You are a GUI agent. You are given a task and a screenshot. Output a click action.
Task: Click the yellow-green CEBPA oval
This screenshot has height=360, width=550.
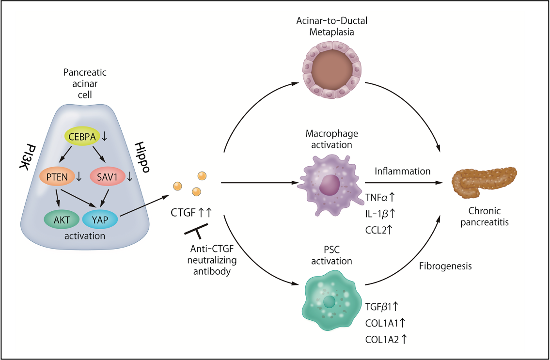pyautogui.click(x=81, y=138)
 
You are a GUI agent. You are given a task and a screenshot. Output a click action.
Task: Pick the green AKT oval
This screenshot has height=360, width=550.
pyautogui.click(x=62, y=219)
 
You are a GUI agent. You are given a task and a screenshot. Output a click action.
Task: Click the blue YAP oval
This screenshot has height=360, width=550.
pyautogui.click(x=99, y=219)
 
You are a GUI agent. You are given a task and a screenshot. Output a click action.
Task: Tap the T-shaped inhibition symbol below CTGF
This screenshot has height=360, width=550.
pyautogui.click(x=196, y=231)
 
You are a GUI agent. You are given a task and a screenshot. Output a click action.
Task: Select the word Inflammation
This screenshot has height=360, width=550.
pyautogui.click(x=402, y=171)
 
